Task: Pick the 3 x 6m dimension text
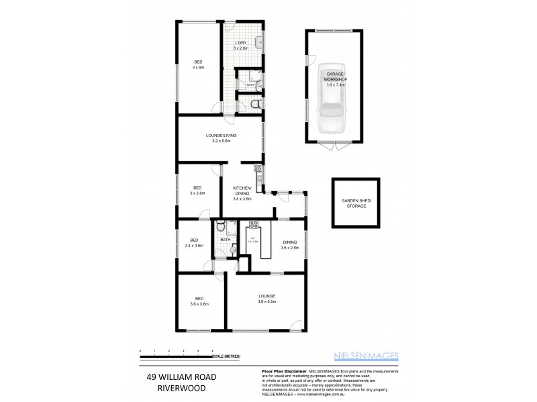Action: pyautogui.click(x=198, y=68)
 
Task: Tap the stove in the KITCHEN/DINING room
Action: pyautogui.click(x=256, y=168)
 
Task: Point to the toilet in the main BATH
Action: pyautogui.click(x=232, y=249)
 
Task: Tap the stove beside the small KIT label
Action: pyautogui.click(x=254, y=225)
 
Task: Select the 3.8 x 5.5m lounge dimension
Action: pyautogui.click(x=267, y=301)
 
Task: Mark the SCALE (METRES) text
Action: pyautogui.click(x=226, y=356)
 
